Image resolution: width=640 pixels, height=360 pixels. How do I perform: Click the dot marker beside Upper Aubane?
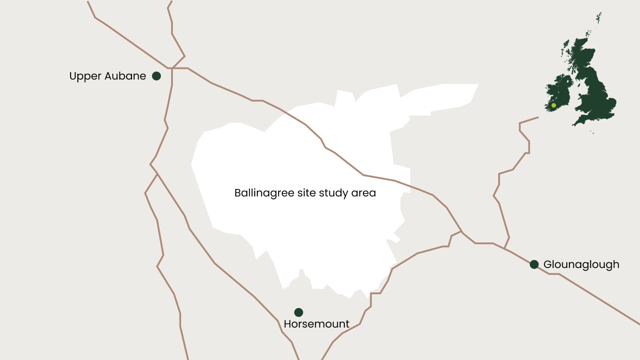click(156, 76)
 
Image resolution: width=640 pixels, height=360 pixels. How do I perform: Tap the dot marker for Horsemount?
click(299, 312)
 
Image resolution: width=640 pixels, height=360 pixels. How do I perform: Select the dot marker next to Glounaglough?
click(534, 264)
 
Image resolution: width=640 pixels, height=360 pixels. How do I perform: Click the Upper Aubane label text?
click(108, 76)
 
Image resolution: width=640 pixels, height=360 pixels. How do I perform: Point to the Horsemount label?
click(316, 324)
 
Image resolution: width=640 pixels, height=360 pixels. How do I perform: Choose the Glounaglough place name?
click(581, 264)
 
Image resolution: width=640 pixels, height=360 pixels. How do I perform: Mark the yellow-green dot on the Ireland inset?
click(554, 105)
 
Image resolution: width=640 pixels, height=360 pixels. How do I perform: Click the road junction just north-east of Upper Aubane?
click(172, 68)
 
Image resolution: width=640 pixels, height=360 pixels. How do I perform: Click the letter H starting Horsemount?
click(287, 324)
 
